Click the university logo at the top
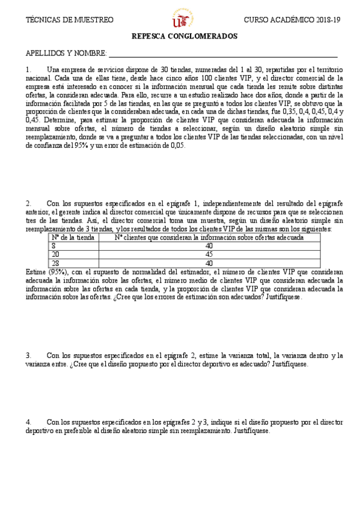point(180,20)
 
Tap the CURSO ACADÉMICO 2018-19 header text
point(291,20)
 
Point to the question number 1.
point(29,69)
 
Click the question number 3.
point(29,355)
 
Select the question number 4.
point(29,422)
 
